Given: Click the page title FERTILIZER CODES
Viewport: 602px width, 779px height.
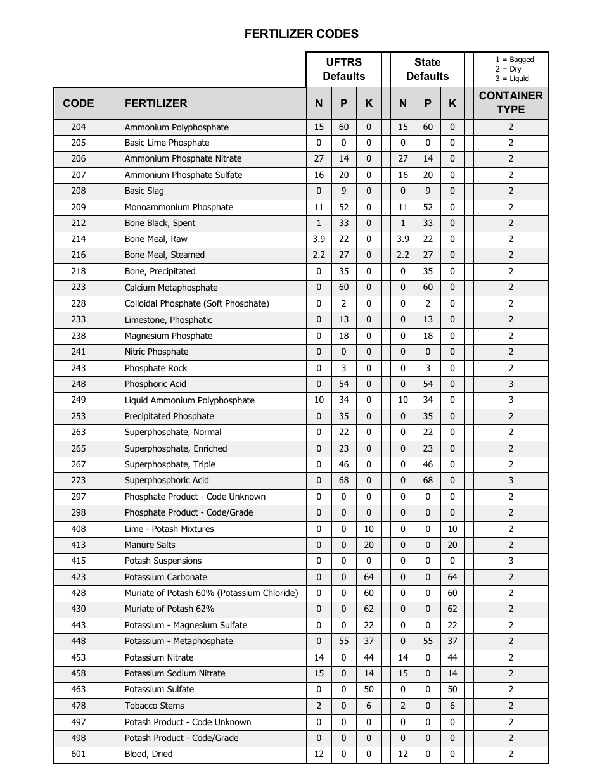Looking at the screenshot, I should pos(301,34).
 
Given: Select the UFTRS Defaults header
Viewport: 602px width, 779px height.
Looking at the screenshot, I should pos(343,69).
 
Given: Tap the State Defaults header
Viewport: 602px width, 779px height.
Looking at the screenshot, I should pos(427,69).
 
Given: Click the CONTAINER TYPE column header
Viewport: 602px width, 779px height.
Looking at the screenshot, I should pos(511,103).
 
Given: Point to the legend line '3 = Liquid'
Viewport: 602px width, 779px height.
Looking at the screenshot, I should pos(512,79).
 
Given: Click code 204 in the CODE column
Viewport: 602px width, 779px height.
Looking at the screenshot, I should pos(78,127).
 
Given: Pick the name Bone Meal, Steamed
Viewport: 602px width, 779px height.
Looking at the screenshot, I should pos(164,255).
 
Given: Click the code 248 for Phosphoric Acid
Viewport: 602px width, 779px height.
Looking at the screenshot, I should pos(78,384).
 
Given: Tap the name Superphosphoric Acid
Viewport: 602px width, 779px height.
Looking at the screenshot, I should pos(167,480).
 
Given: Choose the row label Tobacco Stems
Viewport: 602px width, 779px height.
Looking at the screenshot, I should pos(154,706).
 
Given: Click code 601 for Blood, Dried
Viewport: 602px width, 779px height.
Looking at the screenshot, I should pos(78,754).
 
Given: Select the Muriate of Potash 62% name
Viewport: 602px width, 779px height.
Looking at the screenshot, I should pos(169,609).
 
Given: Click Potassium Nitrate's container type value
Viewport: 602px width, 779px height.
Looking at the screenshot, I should pos(511,657).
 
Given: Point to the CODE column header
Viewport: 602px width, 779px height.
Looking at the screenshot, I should pos(78,103).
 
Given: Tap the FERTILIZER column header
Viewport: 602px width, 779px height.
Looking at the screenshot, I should pos(156,103).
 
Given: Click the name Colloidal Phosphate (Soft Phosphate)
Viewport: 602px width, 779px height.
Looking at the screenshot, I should pos(196,303).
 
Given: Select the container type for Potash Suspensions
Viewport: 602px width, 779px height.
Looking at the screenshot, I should pos(511,560).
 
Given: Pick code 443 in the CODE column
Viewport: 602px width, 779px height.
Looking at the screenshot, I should pos(78,625).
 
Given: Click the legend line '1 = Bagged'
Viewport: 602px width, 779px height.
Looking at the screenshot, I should pos(515,60).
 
